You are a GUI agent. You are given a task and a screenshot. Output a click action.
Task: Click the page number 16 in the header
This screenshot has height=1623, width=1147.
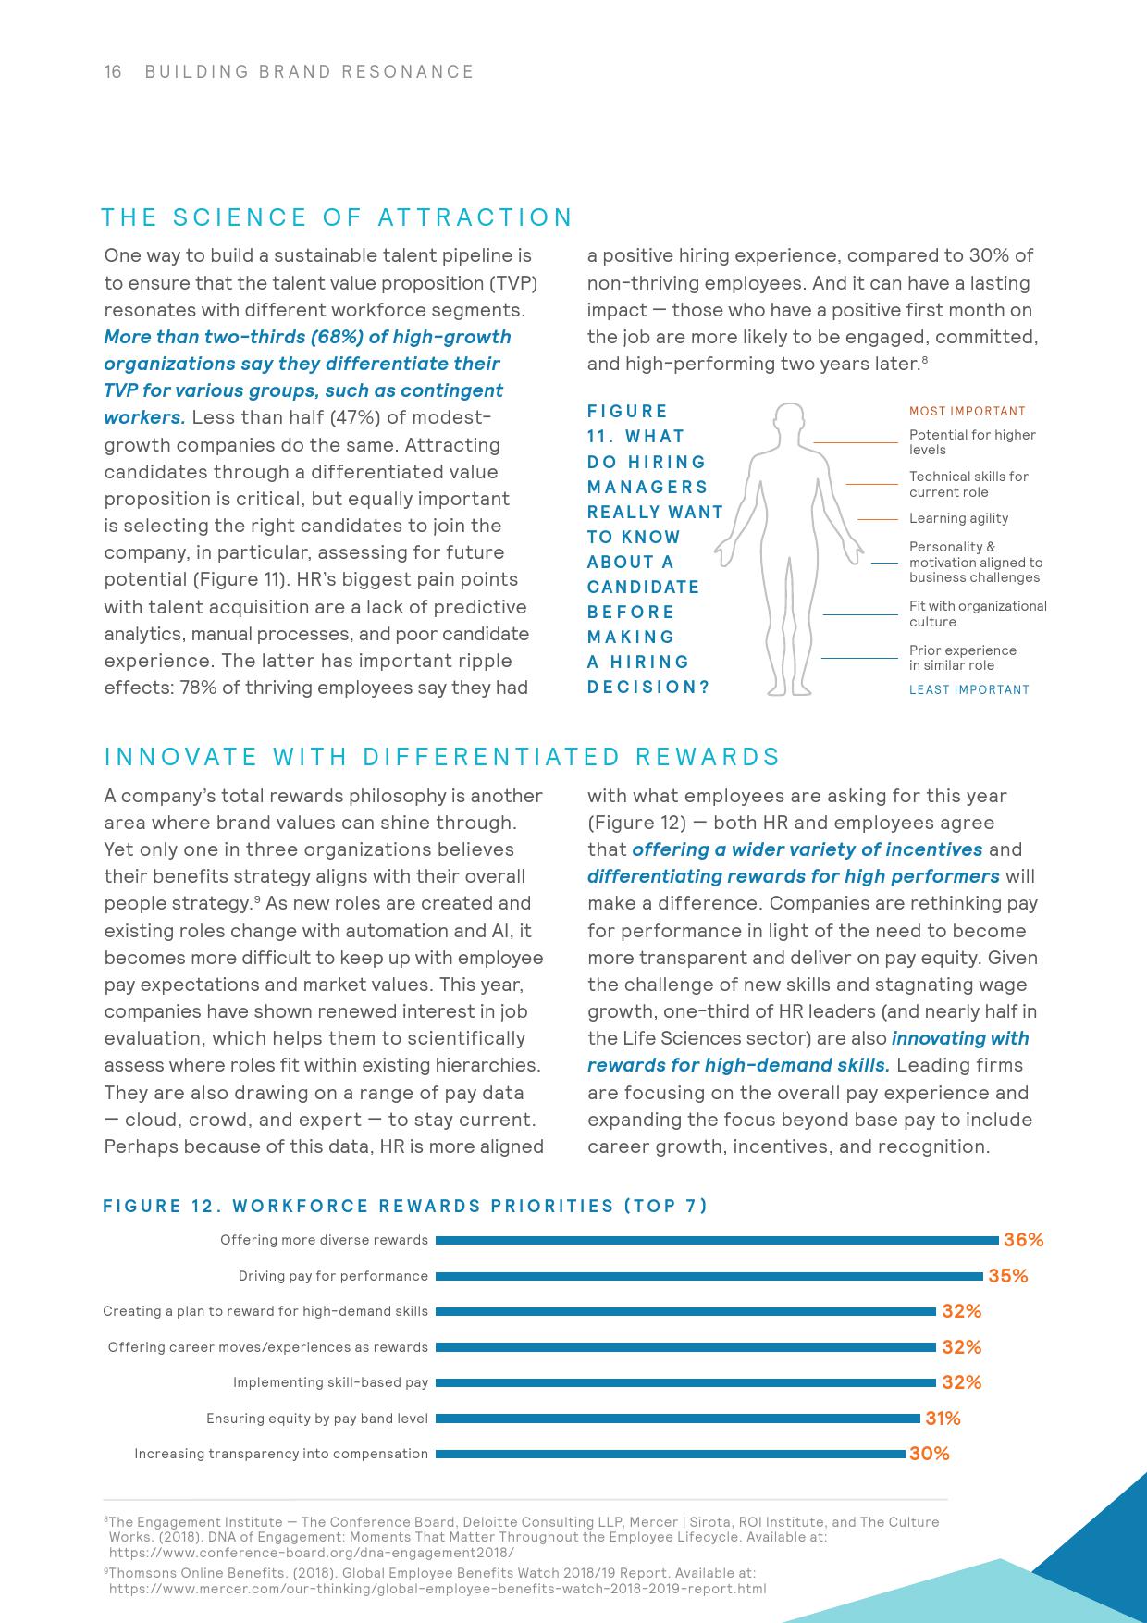click(x=113, y=72)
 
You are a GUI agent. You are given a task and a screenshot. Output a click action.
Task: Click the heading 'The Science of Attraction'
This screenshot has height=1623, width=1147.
click(x=337, y=217)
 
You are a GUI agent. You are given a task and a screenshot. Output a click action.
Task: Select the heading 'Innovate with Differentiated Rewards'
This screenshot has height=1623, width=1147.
click(x=442, y=757)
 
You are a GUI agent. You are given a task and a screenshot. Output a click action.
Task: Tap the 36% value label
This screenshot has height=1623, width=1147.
click(x=1023, y=1240)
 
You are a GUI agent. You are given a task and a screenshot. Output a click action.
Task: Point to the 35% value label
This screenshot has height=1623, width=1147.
click(x=1007, y=1276)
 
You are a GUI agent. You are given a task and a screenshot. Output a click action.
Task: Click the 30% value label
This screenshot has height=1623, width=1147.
click(x=929, y=1454)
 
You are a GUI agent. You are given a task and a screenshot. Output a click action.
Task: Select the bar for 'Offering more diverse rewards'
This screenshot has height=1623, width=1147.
click(x=717, y=1240)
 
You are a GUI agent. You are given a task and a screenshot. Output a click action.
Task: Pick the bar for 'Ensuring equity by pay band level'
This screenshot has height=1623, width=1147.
click(x=678, y=1419)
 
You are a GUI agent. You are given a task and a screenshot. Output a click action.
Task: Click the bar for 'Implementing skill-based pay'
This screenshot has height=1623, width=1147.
click(x=685, y=1382)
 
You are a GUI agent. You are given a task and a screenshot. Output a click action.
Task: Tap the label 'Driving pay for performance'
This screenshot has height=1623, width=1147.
click(x=333, y=1276)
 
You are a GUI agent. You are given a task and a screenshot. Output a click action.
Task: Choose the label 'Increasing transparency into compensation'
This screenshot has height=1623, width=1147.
click(x=281, y=1454)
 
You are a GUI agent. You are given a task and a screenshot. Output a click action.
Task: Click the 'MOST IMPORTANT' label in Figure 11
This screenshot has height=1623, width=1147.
click(x=967, y=412)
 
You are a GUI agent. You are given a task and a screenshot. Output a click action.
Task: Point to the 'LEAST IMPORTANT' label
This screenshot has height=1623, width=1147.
click(x=968, y=689)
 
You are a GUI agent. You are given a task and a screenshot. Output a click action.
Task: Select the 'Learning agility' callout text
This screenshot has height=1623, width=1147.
click(x=958, y=519)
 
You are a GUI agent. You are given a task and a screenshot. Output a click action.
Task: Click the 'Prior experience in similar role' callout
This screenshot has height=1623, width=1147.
click(x=962, y=658)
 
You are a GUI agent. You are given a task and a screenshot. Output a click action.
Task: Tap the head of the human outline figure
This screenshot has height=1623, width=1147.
click(x=789, y=421)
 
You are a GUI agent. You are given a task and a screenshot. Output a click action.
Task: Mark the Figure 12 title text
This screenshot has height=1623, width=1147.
click(x=405, y=1206)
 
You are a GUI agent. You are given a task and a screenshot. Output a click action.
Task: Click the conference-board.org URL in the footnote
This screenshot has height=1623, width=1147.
click(x=311, y=1553)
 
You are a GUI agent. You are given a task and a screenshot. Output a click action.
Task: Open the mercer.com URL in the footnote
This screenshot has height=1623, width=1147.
click(x=438, y=1589)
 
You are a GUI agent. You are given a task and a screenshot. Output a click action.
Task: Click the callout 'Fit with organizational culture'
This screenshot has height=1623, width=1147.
click(x=977, y=613)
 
